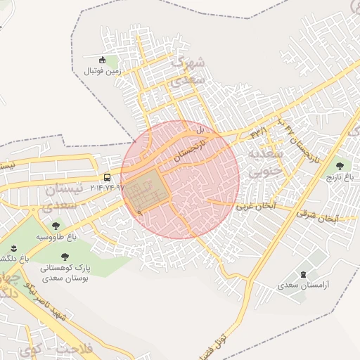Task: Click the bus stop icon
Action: click(108, 177)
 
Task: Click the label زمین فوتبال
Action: click(103, 71)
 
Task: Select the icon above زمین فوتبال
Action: click(103, 60)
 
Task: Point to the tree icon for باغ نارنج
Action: click(340, 166)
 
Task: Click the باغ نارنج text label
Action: click(340, 178)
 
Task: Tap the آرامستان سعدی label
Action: click(303, 285)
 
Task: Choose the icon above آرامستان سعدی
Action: click(303, 274)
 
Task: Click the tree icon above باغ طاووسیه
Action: click(56, 226)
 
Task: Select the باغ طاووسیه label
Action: click(56, 237)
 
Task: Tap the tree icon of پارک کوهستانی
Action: click(65, 257)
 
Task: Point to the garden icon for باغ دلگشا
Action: click(14, 249)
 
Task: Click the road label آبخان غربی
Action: click(254, 207)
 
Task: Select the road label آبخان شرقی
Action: click(318, 215)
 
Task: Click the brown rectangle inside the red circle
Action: click(148, 191)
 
